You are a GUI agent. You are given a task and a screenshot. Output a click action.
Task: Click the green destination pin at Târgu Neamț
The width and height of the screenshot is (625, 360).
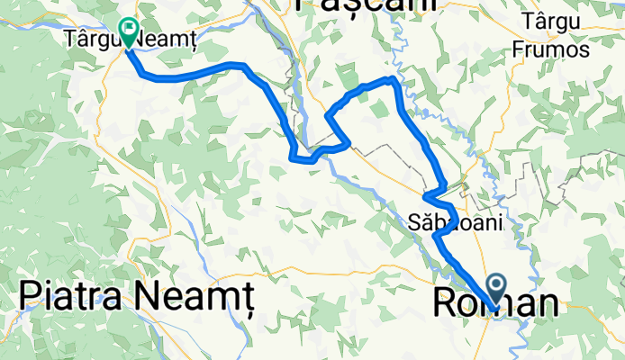[x=129, y=33]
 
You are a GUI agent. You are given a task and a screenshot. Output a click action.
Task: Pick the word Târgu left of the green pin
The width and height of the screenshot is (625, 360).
[x=89, y=40]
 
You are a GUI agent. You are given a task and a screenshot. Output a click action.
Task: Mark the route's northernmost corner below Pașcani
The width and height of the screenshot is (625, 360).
[x=393, y=79]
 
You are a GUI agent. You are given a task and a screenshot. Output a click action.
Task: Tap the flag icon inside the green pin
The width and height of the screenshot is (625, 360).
[x=129, y=29]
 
